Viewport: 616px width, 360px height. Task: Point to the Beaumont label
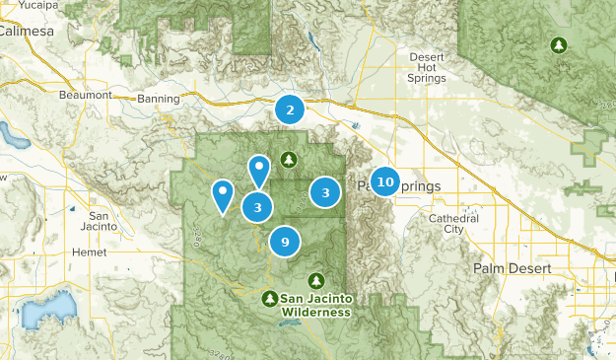pyautogui.click(x=86, y=94)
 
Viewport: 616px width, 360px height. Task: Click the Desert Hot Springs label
pyautogui.click(x=427, y=67)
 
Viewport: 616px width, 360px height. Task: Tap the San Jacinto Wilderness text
pyautogui.click(x=315, y=305)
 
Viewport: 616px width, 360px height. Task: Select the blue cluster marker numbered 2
pyautogui.click(x=290, y=109)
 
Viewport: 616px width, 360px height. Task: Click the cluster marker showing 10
pyautogui.click(x=385, y=181)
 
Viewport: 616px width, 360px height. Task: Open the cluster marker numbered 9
pyautogui.click(x=285, y=242)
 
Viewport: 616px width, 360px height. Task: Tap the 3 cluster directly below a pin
pyautogui.click(x=257, y=207)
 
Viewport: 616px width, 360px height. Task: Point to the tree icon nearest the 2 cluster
pyautogui.click(x=288, y=159)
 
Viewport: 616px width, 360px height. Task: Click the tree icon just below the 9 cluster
pyautogui.click(x=316, y=280)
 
